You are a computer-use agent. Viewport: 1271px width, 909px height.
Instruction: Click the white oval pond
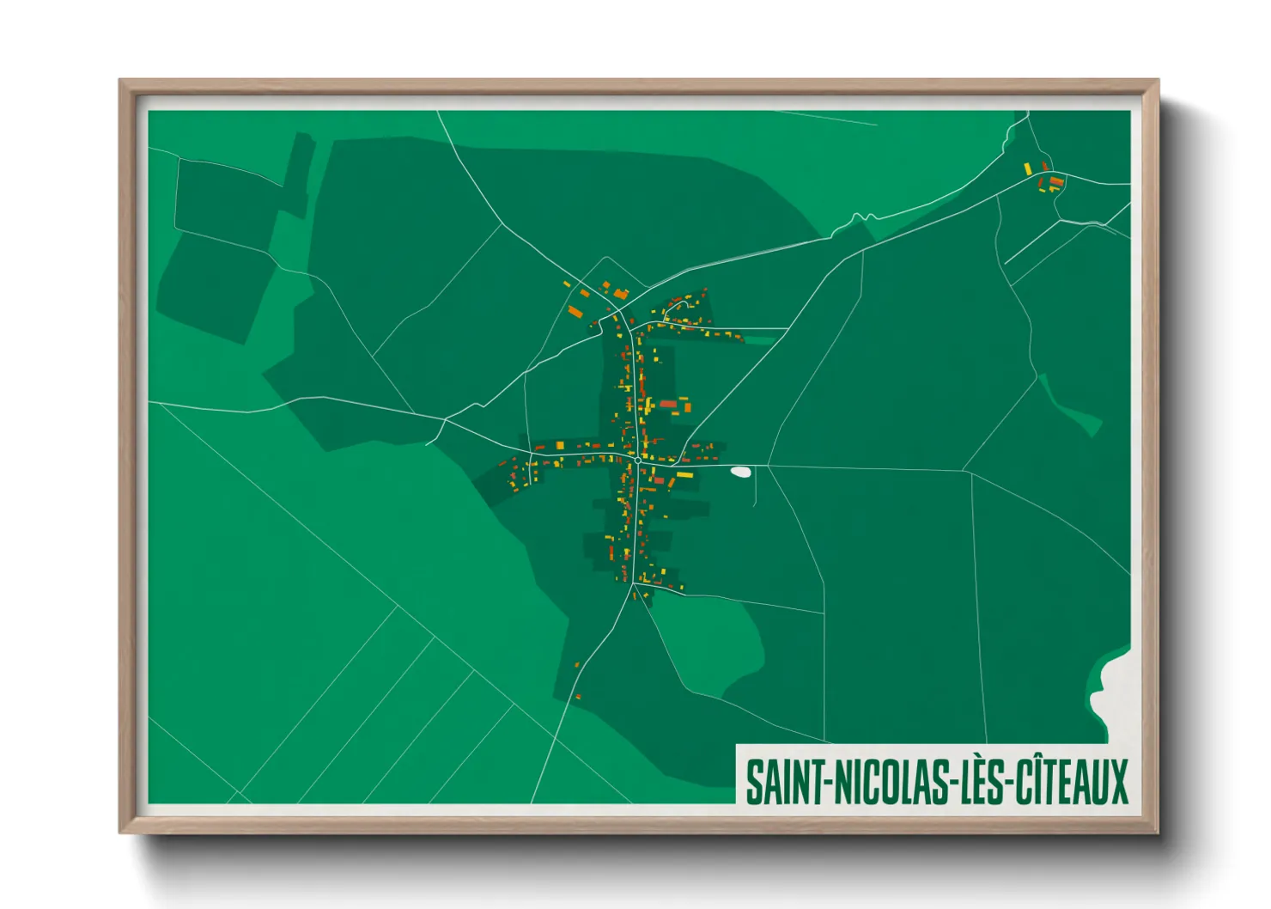pyautogui.click(x=739, y=471)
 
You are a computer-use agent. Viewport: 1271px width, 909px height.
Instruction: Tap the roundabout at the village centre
pyautogui.click(x=638, y=461)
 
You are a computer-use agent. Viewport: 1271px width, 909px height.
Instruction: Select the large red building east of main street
pyautogui.click(x=668, y=404)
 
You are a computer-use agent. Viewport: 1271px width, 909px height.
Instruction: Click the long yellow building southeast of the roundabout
pyautogui.click(x=684, y=473)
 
